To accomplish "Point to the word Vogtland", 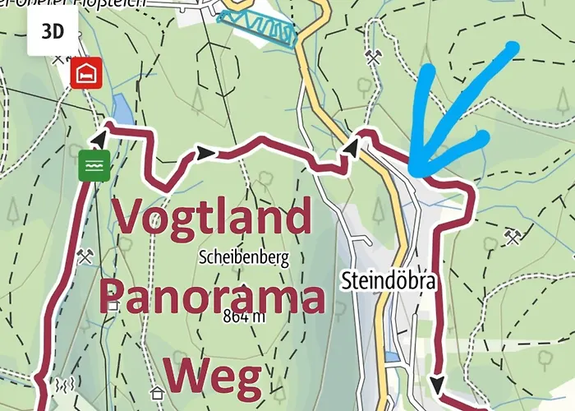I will pos(212,217).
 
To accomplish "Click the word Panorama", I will pos(212,298).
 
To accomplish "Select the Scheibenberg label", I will pos(243,257).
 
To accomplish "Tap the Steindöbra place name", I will pos(388,281).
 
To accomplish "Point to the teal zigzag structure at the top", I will pos(256,28).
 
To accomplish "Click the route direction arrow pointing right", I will pos(205,153).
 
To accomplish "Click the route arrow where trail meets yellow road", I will pos(352,146).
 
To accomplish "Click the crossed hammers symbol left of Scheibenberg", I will pos(85,256).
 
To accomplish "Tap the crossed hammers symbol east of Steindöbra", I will pos(513,238).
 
